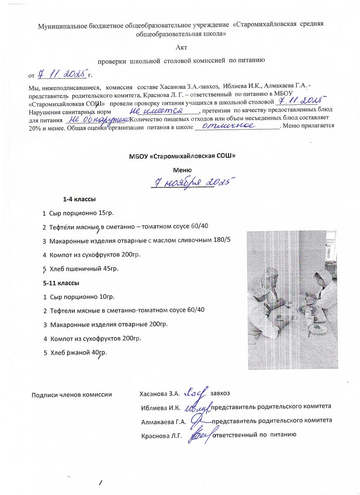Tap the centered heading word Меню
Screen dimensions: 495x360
pos(182,170)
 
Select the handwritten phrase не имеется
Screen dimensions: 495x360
pos(156,111)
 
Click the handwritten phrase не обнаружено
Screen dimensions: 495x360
pos(98,119)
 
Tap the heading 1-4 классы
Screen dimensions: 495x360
pos(79,200)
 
